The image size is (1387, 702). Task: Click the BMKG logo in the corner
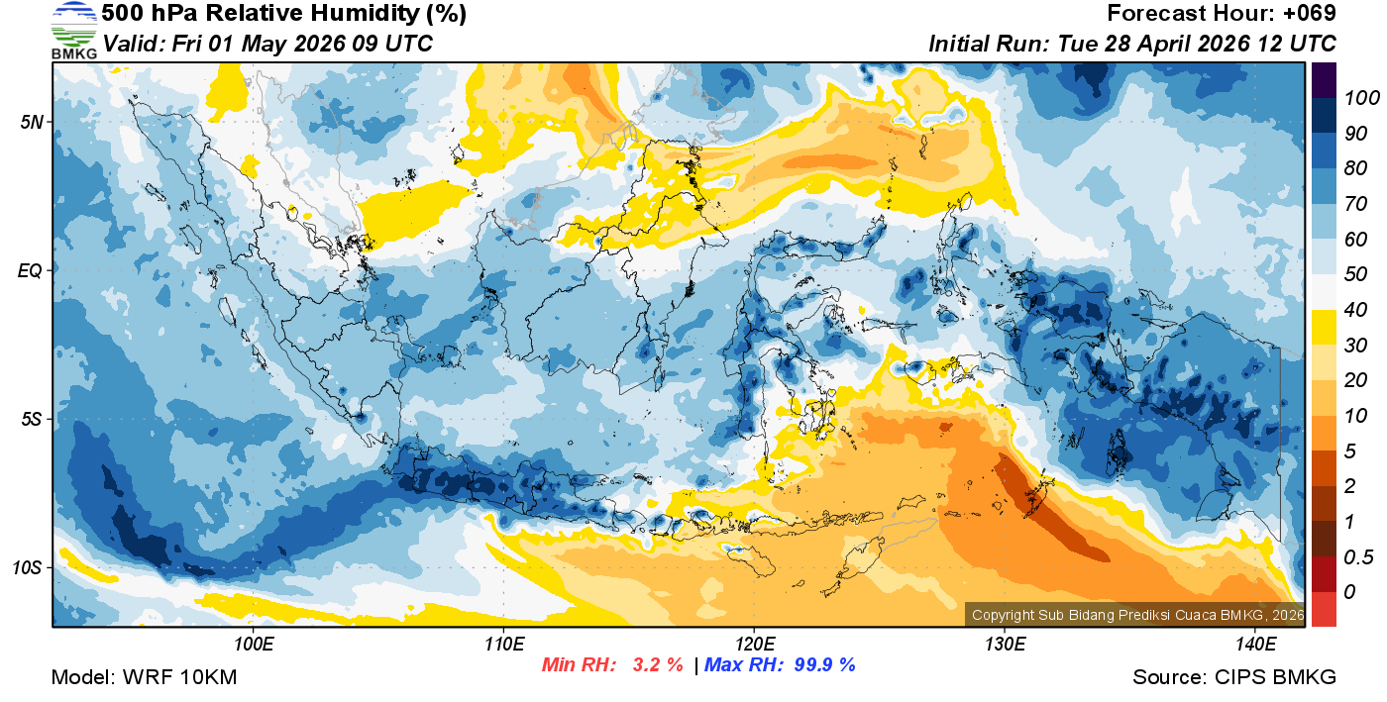pyautogui.click(x=74, y=31)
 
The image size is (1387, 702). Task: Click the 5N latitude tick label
pyautogui.click(x=30, y=122)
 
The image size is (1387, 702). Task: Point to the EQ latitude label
pyautogui.click(x=30, y=270)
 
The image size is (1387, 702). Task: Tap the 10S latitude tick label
pyautogui.click(x=28, y=567)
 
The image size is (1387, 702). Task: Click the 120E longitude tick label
pyautogui.click(x=754, y=645)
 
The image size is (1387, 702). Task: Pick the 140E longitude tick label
pyautogui.click(x=1255, y=645)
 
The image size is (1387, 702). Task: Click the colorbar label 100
pyautogui.click(x=1353, y=98)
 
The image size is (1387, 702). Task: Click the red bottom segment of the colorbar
pyautogui.click(x=1324, y=608)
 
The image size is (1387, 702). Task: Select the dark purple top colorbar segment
pyautogui.click(x=1324, y=80)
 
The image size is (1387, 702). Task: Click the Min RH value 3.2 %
pyautogui.click(x=658, y=664)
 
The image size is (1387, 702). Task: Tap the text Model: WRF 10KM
pyautogui.click(x=144, y=677)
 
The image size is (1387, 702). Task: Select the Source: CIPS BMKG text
pyautogui.click(x=1234, y=677)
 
